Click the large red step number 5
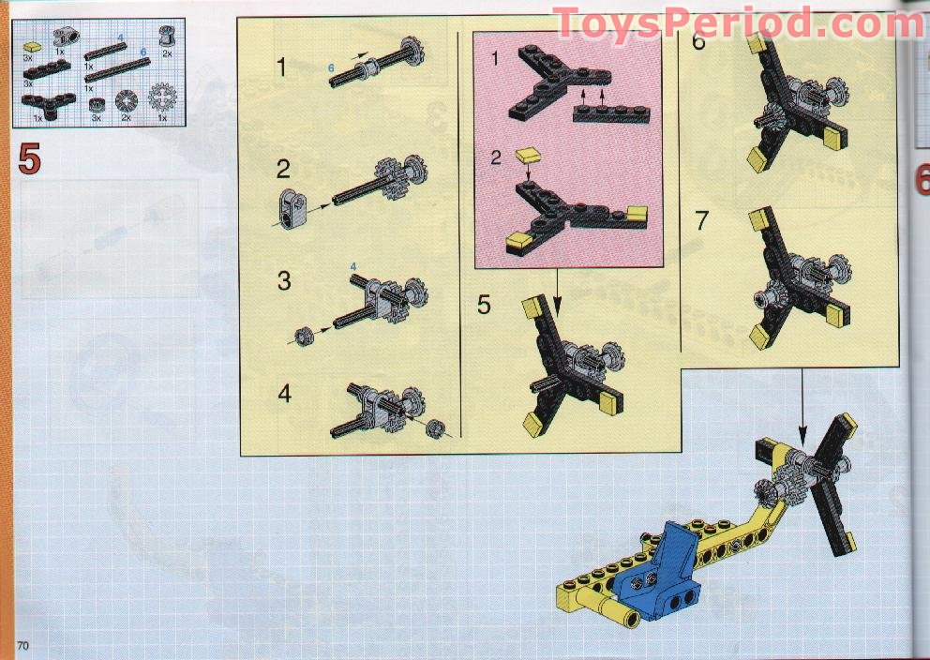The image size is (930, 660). pyautogui.click(x=30, y=158)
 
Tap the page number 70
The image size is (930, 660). pyautogui.click(x=23, y=645)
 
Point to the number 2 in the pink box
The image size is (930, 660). pyautogui.click(x=497, y=157)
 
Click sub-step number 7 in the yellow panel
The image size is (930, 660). pyautogui.click(x=701, y=220)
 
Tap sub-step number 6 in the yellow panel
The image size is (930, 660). pyautogui.click(x=698, y=40)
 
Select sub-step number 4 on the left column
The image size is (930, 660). pyautogui.click(x=285, y=393)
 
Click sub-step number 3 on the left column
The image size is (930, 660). pyautogui.click(x=284, y=280)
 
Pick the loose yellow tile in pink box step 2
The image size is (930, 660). pyautogui.click(x=528, y=156)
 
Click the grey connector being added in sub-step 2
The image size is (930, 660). pyautogui.click(x=292, y=209)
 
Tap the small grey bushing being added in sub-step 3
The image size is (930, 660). pyautogui.click(x=305, y=337)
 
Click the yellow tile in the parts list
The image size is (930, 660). pyautogui.click(x=32, y=46)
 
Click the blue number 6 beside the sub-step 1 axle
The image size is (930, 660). pyautogui.click(x=331, y=68)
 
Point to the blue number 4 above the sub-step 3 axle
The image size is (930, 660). pyautogui.click(x=353, y=267)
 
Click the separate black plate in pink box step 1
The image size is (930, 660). pyautogui.click(x=611, y=113)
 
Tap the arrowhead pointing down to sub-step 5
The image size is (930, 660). pyautogui.click(x=557, y=307)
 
